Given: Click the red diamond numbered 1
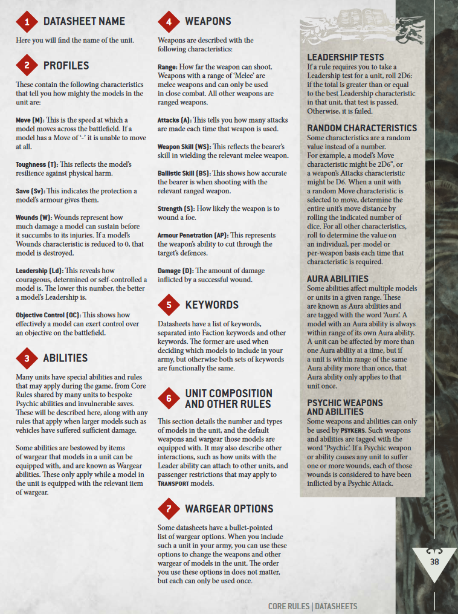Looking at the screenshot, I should (27, 22).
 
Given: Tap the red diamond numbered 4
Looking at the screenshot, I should (169, 22).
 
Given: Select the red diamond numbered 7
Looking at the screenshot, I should (169, 509).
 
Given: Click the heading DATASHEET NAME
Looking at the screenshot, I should (84, 22).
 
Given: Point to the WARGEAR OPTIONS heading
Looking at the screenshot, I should (229, 509).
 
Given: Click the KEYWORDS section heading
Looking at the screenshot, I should (211, 305).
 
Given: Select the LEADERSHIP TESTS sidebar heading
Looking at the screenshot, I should (345, 57).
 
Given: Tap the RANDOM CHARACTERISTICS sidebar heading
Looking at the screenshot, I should (362, 128).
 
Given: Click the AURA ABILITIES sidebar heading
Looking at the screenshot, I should (337, 279).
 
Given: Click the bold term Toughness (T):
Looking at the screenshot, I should (39, 164).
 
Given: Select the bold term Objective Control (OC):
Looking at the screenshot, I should (48, 315).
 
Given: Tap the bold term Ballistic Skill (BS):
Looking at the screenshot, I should (184, 173).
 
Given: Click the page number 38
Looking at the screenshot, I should (434, 561).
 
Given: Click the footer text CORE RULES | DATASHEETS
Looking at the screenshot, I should (312, 606).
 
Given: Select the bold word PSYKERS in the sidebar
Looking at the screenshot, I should (352, 430).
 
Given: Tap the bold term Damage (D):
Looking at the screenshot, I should (174, 270).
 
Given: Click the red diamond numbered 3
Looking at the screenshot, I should (27, 359).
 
